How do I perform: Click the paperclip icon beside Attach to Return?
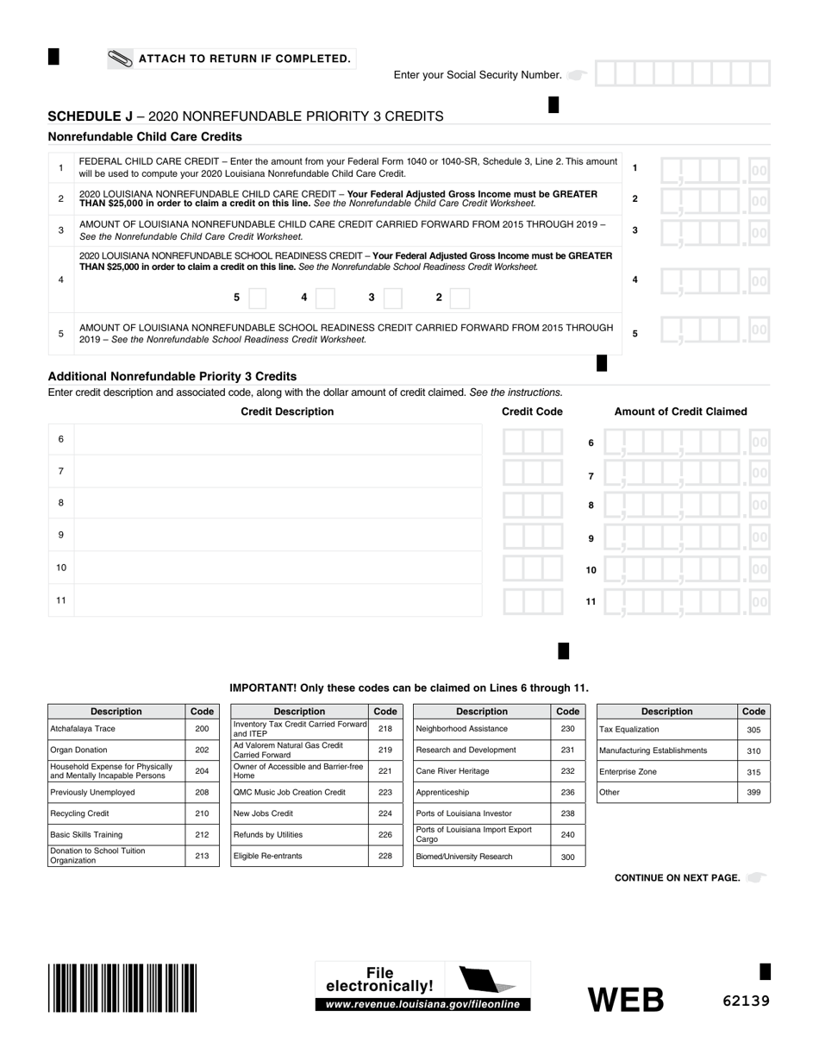pos(120,59)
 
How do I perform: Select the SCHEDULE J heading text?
pos(91,116)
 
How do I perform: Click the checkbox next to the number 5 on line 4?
pos(257,298)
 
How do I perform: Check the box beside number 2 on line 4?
pos(460,298)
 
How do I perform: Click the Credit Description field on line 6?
pos(278,440)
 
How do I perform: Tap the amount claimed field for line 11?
pos(686,601)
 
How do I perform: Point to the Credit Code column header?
pos(532,411)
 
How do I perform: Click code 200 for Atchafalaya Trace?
pos(202,729)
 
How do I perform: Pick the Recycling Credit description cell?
pos(116,813)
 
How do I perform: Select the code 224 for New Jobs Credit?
pos(384,813)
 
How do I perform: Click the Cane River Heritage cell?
pos(481,771)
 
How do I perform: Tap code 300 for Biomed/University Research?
pos(567,857)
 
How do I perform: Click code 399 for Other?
pos(753,793)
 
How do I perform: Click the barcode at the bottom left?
pos(122,987)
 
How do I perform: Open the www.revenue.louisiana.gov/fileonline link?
pos(422,1005)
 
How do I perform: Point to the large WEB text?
pos(626,1000)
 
